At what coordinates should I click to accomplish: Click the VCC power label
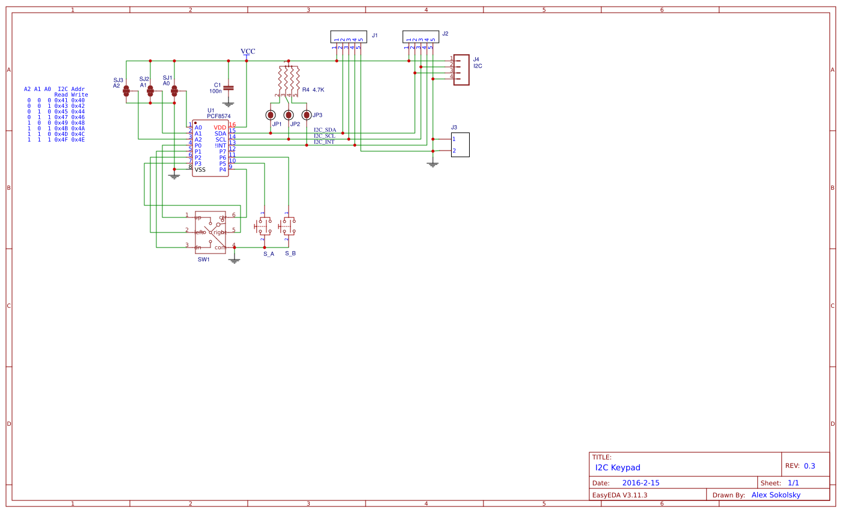(x=248, y=51)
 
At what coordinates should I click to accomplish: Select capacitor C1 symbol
(x=229, y=88)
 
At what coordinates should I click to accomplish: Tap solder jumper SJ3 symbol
(x=126, y=91)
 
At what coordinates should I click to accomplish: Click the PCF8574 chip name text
(x=218, y=116)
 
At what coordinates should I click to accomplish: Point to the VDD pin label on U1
(x=220, y=128)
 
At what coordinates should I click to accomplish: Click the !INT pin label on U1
(x=220, y=146)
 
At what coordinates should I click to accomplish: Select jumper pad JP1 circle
(x=271, y=114)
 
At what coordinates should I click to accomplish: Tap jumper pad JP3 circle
(x=307, y=114)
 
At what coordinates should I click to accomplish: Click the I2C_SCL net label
(x=324, y=136)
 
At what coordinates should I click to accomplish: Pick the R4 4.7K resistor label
(x=313, y=90)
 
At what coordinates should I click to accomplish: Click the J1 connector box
(x=349, y=37)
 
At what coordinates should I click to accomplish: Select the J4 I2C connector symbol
(x=461, y=70)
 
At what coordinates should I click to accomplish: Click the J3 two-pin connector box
(x=460, y=145)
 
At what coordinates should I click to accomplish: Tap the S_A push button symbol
(x=264, y=226)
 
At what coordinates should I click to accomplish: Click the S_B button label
(x=290, y=253)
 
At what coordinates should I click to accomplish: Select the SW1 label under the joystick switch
(x=203, y=260)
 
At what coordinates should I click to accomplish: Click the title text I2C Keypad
(x=618, y=467)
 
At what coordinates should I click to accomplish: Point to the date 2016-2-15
(x=641, y=483)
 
